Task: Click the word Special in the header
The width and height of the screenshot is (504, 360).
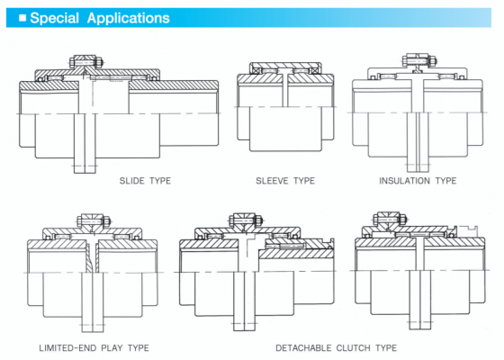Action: point(54,18)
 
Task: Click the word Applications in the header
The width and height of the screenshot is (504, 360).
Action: point(128,18)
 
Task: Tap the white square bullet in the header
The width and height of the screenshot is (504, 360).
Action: point(22,18)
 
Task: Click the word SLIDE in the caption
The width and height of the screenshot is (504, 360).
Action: point(131,181)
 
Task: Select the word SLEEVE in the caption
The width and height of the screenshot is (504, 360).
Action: point(272,181)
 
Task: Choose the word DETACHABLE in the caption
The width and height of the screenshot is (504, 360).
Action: point(303,347)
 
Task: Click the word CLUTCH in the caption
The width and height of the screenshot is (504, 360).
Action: point(353,347)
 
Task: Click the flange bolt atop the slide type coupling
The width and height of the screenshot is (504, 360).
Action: point(85,61)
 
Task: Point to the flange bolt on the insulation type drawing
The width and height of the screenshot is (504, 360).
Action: point(419,60)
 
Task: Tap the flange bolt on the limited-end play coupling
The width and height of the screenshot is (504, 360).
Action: point(94,220)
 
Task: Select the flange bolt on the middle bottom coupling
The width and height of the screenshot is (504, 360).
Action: point(246,220)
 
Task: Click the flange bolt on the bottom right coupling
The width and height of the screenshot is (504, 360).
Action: point(391,220)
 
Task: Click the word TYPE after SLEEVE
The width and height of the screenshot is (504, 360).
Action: point(304,181)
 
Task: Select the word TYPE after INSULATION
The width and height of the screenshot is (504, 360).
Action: point(445,181)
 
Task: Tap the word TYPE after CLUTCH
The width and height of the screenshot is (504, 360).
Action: point(386,347)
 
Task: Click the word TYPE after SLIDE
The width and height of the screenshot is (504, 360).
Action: point(160,181)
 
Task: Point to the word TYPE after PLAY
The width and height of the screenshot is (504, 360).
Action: point(139,347)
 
